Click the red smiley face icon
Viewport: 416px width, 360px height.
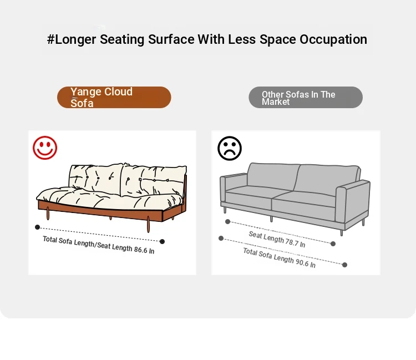(45, 148)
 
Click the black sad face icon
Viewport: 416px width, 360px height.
(230, 148)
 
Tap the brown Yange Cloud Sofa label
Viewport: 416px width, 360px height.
(114, 98)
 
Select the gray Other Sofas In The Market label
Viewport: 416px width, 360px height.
(306, 98)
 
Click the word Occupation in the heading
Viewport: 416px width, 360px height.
(333, 39)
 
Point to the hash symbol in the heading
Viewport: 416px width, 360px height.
(50, 39)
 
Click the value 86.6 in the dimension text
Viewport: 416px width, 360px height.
(140, 250)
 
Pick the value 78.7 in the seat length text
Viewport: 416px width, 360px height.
(292, 242)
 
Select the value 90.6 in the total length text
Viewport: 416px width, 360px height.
(302, 262)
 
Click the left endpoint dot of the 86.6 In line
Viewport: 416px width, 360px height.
(37, 227)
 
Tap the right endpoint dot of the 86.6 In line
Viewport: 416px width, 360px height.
(162, 241)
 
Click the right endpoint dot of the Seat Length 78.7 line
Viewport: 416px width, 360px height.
(333, 244)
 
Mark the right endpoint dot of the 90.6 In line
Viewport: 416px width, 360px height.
(344, 265)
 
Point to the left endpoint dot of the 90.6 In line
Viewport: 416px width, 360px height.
(221, 238)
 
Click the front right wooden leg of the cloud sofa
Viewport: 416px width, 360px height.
(148, 225)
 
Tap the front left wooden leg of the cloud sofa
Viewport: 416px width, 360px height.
(48, 214)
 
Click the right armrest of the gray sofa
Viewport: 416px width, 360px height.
(353, 201)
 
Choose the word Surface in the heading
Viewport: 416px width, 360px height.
(171, 39)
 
